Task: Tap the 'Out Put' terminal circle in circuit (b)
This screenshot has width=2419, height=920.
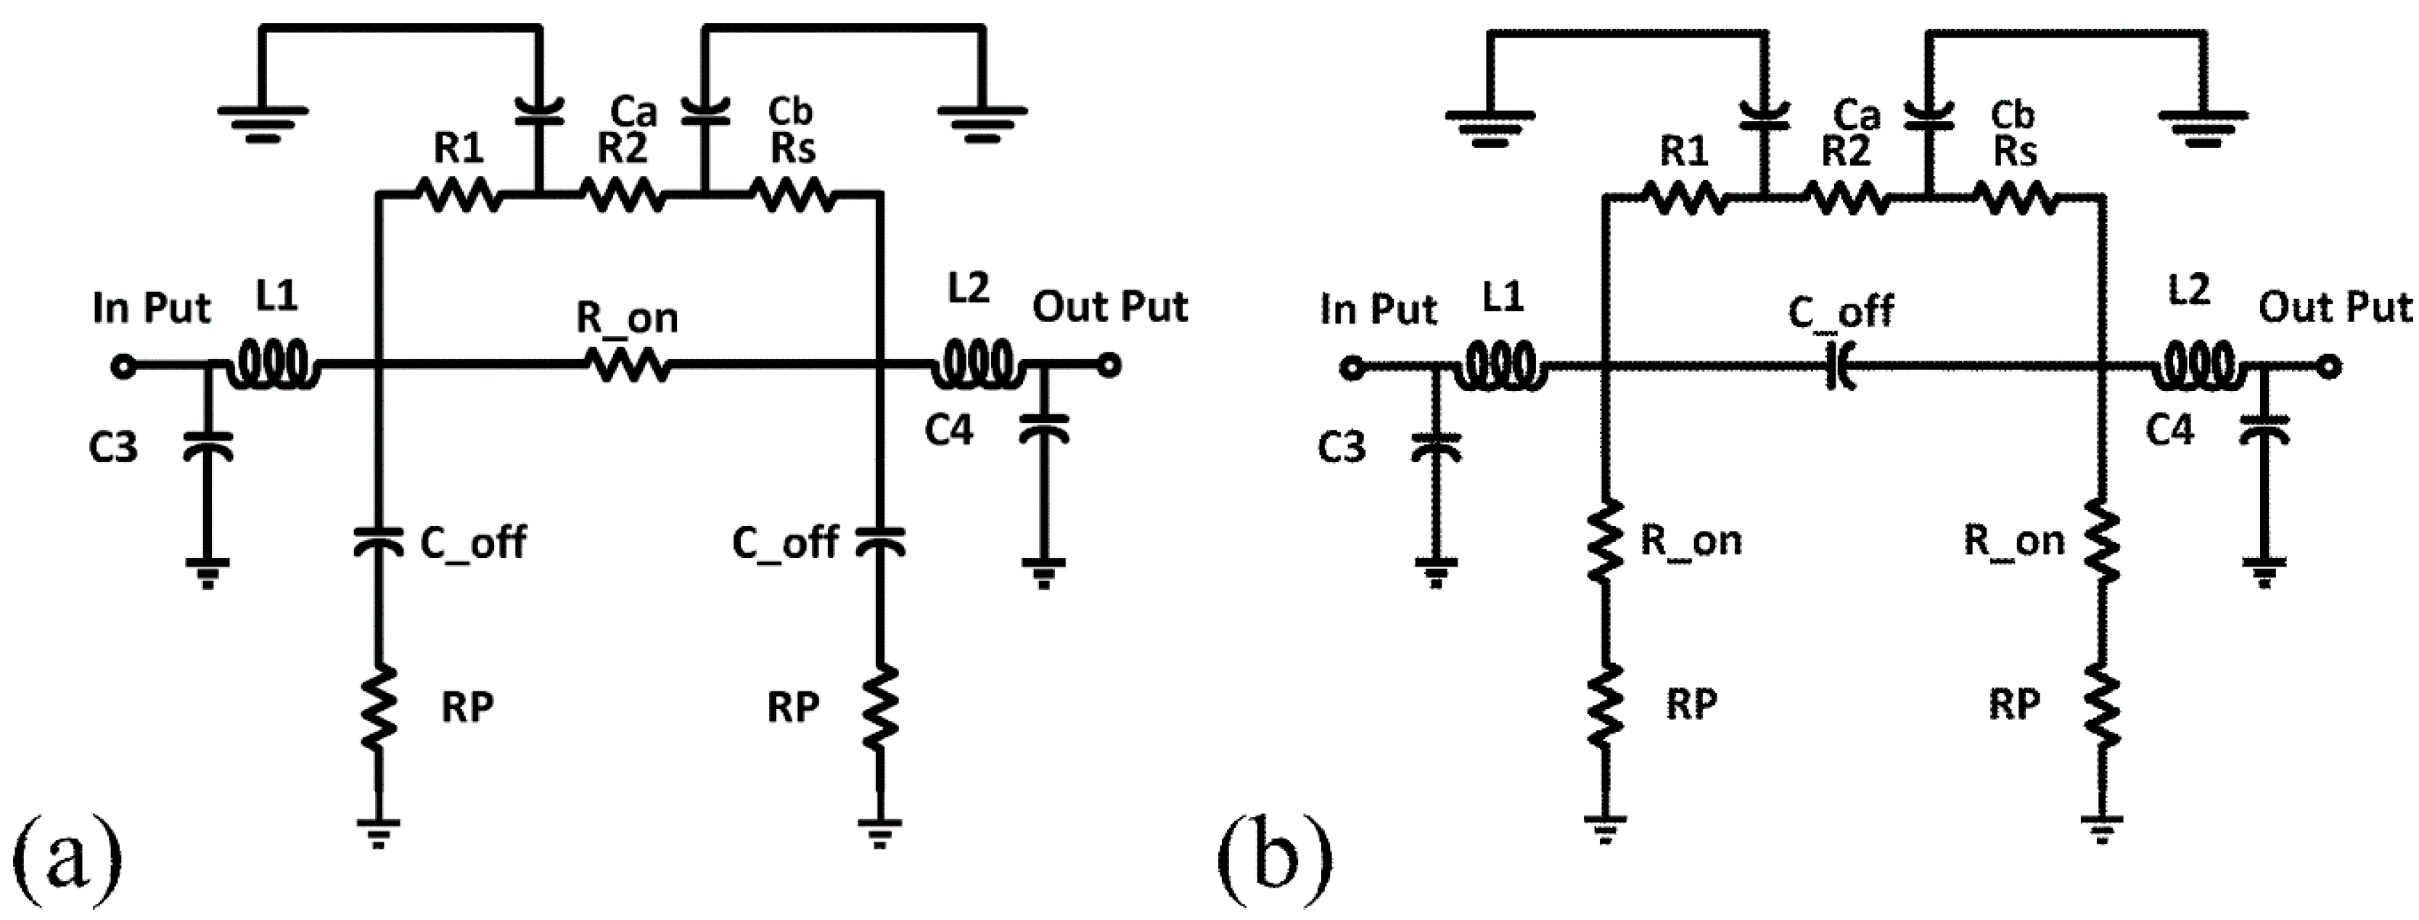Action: click(2328, 367)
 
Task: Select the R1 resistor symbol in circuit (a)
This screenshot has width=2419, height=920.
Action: click(459, 195)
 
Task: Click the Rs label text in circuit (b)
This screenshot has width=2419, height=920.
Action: click(2014, 151)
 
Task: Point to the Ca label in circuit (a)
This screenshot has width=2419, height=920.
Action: click(634, 112)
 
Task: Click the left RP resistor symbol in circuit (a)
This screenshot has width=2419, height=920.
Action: click(379, 709)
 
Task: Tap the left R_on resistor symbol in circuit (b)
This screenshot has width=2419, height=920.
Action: click(1606, 540)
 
